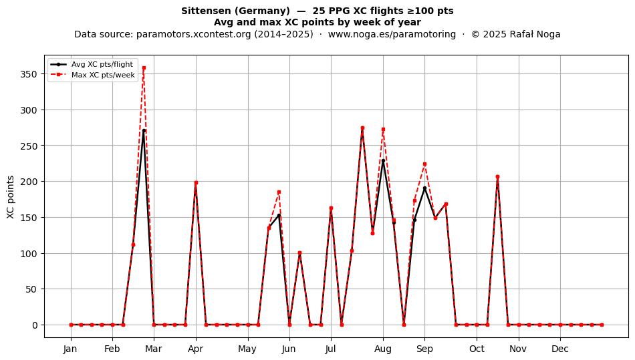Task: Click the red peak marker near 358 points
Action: (x=144, y=68)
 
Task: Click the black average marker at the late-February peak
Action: (x=144, y=131)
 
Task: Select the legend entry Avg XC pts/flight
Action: (x=102, y=64)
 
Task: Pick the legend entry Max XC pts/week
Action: (x=103, y=75)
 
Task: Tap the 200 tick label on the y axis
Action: (x=28, y=182)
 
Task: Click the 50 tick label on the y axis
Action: (x=31, y=289)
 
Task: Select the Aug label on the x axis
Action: (x=383, y=349)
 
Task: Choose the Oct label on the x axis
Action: (x=477, y=349)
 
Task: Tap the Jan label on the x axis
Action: (x=70, y=349)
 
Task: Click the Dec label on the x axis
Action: (x=560, y=349)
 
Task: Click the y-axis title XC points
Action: (x=11, y=198)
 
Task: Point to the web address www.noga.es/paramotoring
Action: (x=392, y=34)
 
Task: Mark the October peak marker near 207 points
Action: (x=498, y=177)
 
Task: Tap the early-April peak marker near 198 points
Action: (x=196, y=183)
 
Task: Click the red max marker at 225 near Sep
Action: (x=425, y=164)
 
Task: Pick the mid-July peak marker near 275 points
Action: (x=362, y=128)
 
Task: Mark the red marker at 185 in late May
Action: (x=279, y=192)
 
